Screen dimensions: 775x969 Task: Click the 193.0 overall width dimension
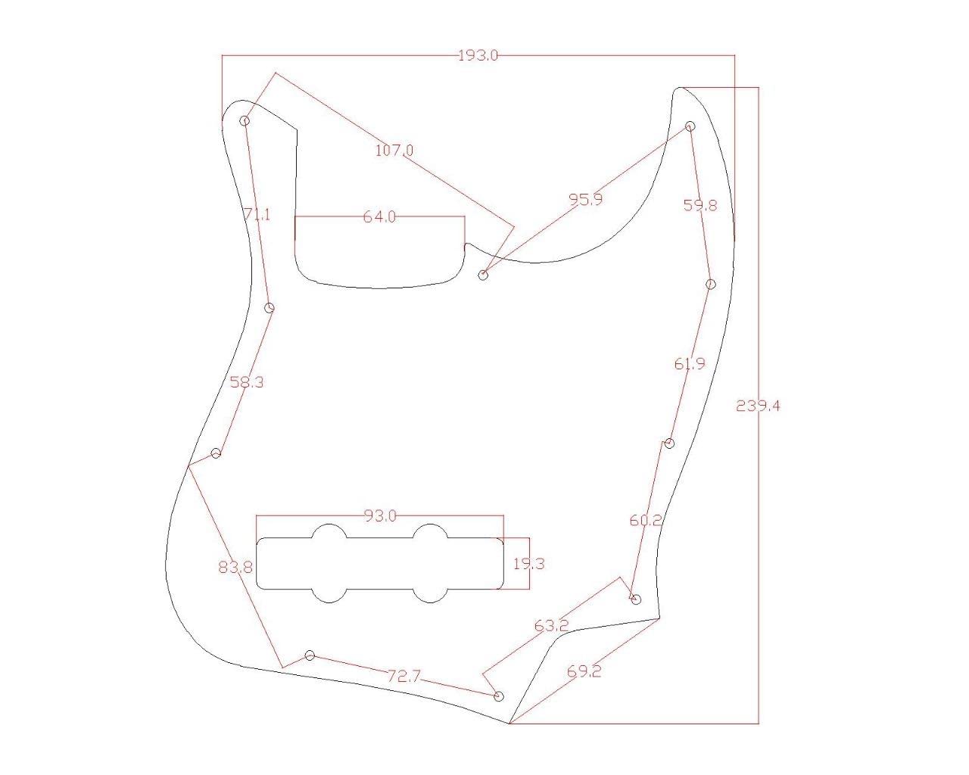478,55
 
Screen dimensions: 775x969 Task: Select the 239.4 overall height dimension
758,406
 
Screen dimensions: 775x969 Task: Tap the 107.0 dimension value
394,150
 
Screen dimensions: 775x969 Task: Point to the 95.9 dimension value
586,200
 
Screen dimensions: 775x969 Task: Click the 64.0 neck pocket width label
379,217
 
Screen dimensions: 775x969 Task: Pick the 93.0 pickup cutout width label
380,516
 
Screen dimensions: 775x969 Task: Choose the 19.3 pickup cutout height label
528,564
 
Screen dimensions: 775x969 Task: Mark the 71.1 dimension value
257,215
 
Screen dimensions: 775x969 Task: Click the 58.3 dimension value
247,382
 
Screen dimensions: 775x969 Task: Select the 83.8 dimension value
235,566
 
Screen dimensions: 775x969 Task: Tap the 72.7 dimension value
403,677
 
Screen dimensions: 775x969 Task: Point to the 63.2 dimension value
551,626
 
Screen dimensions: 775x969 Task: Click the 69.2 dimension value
584,671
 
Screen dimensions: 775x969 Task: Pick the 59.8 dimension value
700,204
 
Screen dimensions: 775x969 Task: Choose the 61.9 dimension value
690,364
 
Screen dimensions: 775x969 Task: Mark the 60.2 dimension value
646,521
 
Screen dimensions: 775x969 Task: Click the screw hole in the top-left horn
245,120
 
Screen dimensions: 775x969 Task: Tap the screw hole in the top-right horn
690,126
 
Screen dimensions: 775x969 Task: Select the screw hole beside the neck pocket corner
484,275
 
